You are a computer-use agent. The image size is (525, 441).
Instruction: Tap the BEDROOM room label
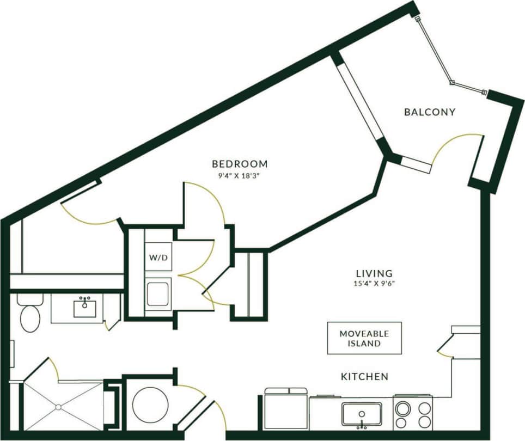coord(240,164)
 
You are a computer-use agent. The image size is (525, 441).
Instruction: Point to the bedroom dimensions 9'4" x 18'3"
coord(240,176)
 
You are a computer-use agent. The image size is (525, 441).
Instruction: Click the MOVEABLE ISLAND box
coord(364,338)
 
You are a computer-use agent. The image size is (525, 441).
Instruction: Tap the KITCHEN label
coord(364,377)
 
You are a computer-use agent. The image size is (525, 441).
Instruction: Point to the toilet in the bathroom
coord(30,315)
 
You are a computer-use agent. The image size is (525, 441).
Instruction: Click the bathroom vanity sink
coord(85,308)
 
